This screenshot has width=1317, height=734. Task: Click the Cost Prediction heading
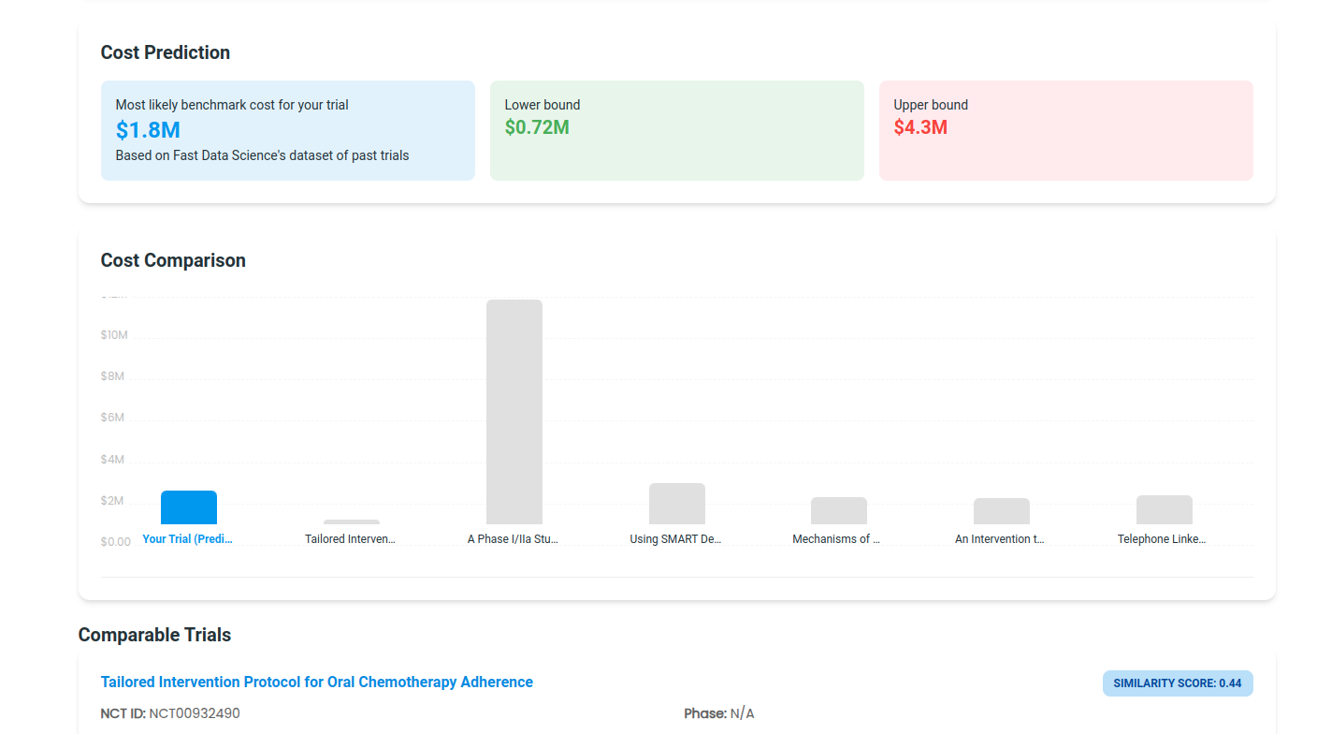pyautogui.click(x=165, y=52)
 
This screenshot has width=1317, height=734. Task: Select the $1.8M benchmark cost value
pyautogui.click(x=148, y=130)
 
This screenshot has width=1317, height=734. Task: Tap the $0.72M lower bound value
pyautogui.click(x=537, y=127)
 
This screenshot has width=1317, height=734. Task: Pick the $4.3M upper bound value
pyautogui.click(x=920, y=127)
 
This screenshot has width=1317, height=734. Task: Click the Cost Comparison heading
pyautogui.click(x=173, y=260)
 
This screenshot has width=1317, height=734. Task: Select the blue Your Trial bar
pyautogui.click(x=189, y=507)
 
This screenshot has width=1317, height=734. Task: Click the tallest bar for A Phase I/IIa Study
pyautogui.click(x=514, y=412)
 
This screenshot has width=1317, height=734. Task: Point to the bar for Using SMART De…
pyautogui.click(x=676, y=504)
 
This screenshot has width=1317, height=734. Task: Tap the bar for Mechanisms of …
pyautogui.click(x=838, y=510)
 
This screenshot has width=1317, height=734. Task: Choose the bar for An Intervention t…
pyautogui.click(x=1001, y=511)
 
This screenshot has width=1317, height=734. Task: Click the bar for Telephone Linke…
pyautogui.click(x=1164, y=509)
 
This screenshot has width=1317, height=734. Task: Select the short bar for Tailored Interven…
pyautogui.click(x=352, y=521)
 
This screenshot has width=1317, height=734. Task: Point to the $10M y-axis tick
pyautogui.click(x=114, y=335)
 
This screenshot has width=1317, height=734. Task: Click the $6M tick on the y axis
pyautogui.click(x=112, y=418)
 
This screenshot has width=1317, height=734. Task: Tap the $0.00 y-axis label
pyautogui.click(x=116, y=542)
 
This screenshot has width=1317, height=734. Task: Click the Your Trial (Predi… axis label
pyautogui.click(x=187, y=539)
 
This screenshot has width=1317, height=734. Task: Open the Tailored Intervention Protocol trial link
pyautogui.click(x=316, y=682)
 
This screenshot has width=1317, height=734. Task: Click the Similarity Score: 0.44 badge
pyautogui.click(x=1177, y=683)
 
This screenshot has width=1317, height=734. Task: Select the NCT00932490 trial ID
pyautogui.click(x=195, y=713)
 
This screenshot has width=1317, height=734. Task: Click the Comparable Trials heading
pyautogui.click(x=154, y=635)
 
